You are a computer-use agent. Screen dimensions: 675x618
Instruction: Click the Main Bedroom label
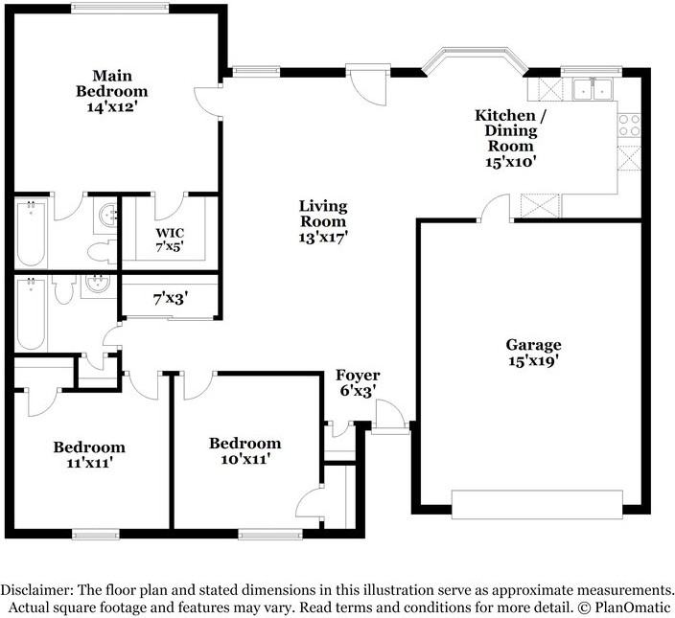[112, 83]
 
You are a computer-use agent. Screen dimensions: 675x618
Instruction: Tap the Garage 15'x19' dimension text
[533, 361]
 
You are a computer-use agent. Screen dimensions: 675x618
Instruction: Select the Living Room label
[323, 214]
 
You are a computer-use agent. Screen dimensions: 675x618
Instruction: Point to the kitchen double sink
[593, 89]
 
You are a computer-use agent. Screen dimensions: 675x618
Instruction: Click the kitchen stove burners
[629, 126]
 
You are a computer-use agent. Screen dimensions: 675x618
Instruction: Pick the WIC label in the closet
[170, 233]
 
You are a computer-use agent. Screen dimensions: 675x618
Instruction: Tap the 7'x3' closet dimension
[171, 299]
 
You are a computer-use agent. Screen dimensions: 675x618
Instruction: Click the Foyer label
[358, 375]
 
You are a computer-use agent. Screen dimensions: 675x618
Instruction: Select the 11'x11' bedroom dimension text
[89, 463]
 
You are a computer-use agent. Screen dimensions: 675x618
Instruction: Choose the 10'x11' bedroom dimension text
[245, 459]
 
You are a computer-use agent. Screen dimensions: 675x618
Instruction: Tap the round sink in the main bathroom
[107, 214]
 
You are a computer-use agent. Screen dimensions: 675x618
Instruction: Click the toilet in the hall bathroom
[64, 289]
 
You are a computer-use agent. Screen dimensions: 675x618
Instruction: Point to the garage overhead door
[537, 504]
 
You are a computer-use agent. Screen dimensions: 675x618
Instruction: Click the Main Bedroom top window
[120, 8]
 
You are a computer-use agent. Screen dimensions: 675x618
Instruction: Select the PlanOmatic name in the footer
[633, 607]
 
